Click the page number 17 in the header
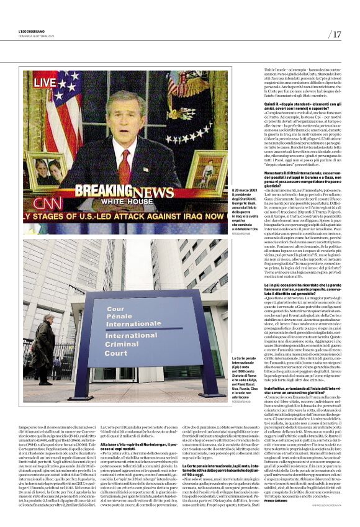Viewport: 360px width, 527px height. pyautogui.click(x=336, y=34)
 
